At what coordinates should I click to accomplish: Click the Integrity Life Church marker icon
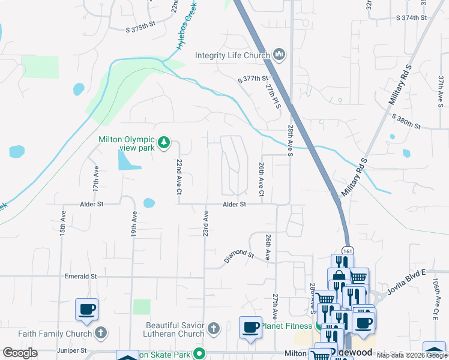click(x=279, y=55)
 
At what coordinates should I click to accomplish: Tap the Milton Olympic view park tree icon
click(x=163, y=143)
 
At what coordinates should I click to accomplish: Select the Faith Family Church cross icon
click(x=101, y=332)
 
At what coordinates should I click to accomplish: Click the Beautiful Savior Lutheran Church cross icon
click(x=214, y=329)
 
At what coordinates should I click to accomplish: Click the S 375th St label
click(x=141, y=29)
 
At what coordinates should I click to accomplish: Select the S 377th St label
click(x=252, y=79)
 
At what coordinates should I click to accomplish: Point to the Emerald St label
click(x=81, y=277)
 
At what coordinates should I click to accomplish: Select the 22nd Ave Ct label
click(x=178, y=177)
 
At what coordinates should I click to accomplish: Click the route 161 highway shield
click(x=348, y=251)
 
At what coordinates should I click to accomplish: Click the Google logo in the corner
click(x=20, y=353)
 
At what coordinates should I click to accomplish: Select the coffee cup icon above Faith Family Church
click(x=86, y=310)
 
